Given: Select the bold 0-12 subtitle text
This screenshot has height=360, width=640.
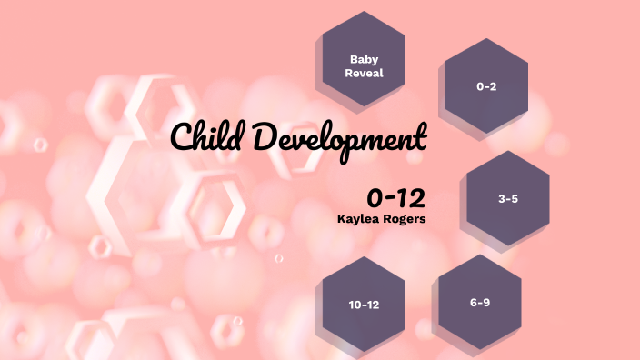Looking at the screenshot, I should pos(396,197).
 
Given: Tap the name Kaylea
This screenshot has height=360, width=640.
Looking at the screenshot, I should pos(358,218).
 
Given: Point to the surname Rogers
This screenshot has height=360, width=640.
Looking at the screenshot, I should pos(405,218).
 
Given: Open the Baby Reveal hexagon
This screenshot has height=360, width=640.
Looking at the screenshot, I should pos(364,60).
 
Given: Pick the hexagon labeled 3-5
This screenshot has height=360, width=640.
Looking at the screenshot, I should pos(507,197).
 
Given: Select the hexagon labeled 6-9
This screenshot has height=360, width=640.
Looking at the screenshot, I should pos(480,303).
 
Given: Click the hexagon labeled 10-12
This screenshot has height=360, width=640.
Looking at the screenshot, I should pos(364,305).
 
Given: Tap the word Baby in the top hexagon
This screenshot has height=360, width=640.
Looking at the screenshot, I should pos(364,58).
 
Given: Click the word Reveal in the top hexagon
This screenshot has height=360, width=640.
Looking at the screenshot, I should pos(364,73).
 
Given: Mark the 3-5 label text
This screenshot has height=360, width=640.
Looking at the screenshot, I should pos(508,197).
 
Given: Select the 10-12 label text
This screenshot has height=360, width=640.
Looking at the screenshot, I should pos(364,305).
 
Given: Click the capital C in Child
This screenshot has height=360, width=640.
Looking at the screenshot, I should pos(182,139).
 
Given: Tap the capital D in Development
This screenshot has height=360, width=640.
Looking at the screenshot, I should pos(263,138).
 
